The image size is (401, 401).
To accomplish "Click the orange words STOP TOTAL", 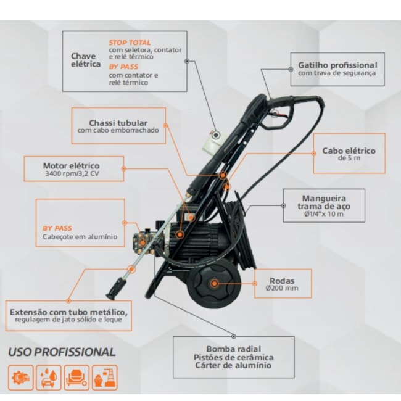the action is [130, 43].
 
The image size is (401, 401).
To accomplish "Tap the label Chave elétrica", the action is [86, 60].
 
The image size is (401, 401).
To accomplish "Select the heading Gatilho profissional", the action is [337, 65].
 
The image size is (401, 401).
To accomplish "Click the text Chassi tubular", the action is [118, 123].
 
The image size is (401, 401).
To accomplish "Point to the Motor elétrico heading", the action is [72, 165].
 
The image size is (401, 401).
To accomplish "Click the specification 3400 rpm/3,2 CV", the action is [72, 173].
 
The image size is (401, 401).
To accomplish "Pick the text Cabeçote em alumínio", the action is [80, 236].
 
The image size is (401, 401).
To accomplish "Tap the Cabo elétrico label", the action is [349, 151].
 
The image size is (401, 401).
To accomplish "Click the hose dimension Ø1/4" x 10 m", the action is [324, 214].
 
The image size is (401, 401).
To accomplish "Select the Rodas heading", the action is [282, 281].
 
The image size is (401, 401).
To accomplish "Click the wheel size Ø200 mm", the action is [282, 288].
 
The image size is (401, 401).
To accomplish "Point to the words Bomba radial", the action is [233, 349].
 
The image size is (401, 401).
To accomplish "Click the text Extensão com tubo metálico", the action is [68, 312].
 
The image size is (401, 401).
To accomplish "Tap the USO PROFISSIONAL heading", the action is [62, 352].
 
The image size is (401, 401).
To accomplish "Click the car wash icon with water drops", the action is [49, 378].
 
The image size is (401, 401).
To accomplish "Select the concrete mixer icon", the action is [76, 378].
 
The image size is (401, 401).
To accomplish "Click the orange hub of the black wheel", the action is [214, 283].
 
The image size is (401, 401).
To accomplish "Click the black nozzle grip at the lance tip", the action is [116, 289].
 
